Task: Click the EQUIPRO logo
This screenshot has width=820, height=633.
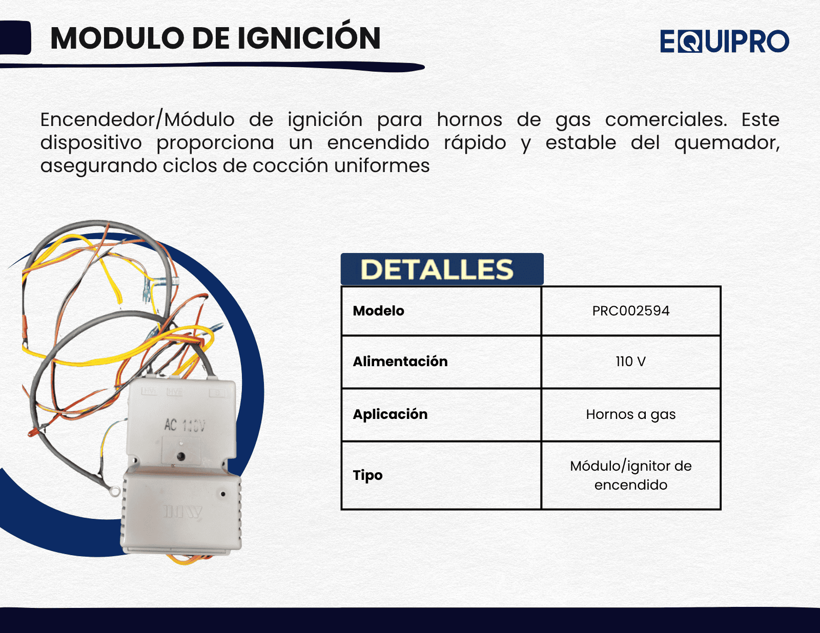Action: pyautogui.click(x=725, y=41)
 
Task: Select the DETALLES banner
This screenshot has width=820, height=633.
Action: pyautogui.click(x=442, y=269)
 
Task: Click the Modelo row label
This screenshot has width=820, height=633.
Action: pyautogui.click(x=379, y=311)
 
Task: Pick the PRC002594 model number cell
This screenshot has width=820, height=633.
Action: pyautogui.click(x=630, y=311)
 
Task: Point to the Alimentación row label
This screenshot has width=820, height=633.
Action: pyautogui.click(x=400, y=361)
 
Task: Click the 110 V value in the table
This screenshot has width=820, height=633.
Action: pyautogui.click(x=630, y=361)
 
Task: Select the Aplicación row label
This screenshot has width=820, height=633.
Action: pyautogui.click(x=390, y=414)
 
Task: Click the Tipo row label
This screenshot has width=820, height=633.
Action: pyautogui.click(x=367, y=475)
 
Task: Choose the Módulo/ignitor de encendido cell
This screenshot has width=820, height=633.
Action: pyautogui.click(x=630, y=475)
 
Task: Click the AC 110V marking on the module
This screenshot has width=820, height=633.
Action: pyautogui.click(x=184, y=426)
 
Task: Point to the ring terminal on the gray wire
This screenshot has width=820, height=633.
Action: pyautogui.click(x=113, y=491)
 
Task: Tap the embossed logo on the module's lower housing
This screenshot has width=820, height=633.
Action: pyautogui.click(x=182, y=512)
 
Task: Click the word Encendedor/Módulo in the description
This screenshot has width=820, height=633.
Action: pyautogui.click(x=137, y=120)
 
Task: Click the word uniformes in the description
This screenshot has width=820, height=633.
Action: pyautogui.click(x=381, y=165)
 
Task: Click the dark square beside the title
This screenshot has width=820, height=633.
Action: pyautogui.click(x=15, y=38)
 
